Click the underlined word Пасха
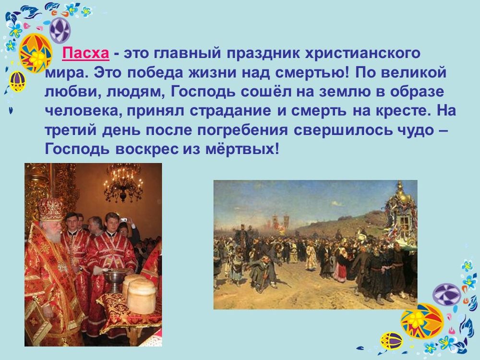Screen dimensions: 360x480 (x=86, y=53)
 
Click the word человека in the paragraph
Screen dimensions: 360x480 (x=79, y=111)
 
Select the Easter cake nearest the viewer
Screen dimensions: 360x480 (x=141, y=295)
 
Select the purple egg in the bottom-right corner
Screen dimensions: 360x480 (x=446, y=294)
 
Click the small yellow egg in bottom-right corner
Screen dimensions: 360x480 (x=391, y=341)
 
